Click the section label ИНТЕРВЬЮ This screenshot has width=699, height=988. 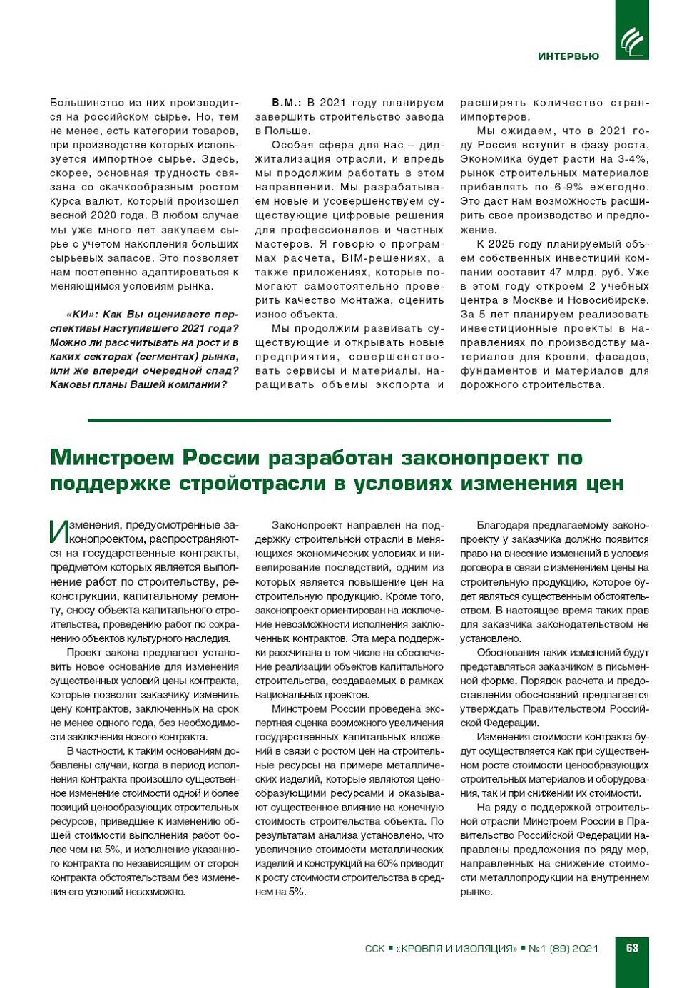point(568,56)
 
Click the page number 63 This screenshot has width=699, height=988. point(632,948)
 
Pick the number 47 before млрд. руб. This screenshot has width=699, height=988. point(557,272)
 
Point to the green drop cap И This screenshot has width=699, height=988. point(58,531)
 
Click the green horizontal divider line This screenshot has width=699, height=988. point(349,420)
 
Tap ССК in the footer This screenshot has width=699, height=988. point(374,949)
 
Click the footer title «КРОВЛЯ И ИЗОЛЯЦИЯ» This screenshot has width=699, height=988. point(456,949)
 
